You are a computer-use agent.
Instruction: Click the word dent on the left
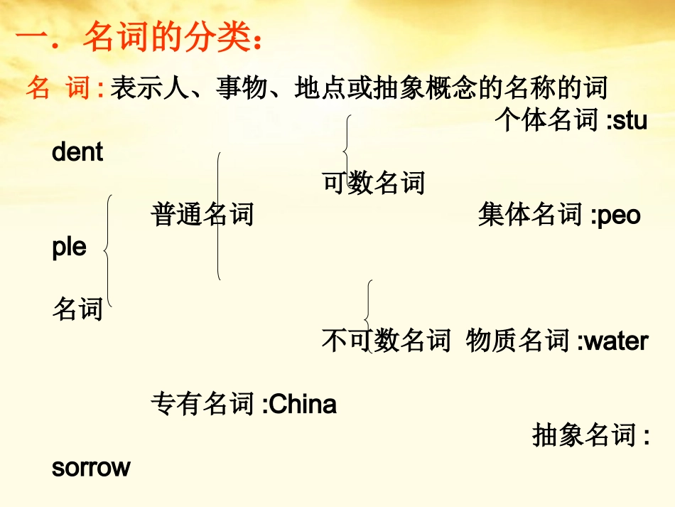[x=77, y=151]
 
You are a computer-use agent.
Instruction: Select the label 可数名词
[x=374, y=183]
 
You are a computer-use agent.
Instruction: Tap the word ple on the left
[x=69, y=247]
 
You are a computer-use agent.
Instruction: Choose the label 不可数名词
[x=387, y=341]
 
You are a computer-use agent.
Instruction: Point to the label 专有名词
[x=202, y=404]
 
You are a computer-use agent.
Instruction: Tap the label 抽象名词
[x=583, y=435]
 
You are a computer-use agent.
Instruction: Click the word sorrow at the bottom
[x=91, y=467]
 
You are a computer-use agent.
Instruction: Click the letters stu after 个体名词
[x=630, y=120]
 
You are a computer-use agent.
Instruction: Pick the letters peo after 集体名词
[x=619, y=214]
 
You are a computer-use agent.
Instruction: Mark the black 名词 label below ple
[x=77, y=309]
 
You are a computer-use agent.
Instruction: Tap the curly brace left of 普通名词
[x=108, y=249]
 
